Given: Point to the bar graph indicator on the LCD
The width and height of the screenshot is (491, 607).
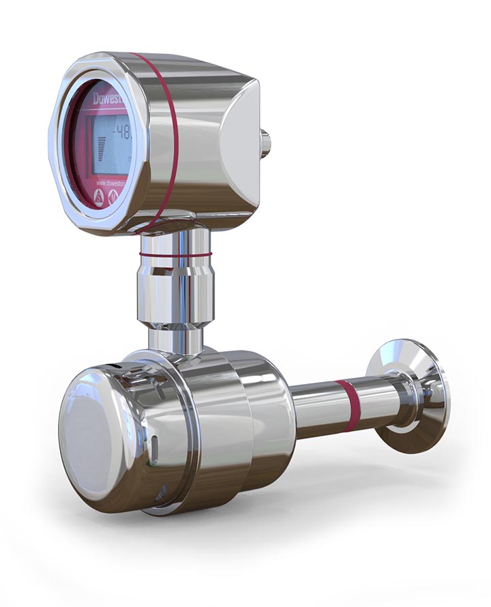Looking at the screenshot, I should pos(102,149).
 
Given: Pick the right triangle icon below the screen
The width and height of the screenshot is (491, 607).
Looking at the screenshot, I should pos(113,197).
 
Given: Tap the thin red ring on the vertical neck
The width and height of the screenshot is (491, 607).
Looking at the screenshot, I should pos(175,254).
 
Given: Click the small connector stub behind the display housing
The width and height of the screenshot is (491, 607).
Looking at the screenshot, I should pos(265,143).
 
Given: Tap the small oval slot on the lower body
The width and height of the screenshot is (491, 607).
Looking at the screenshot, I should pos(155,449).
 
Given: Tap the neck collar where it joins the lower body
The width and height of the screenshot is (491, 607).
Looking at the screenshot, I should pos(176,341).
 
